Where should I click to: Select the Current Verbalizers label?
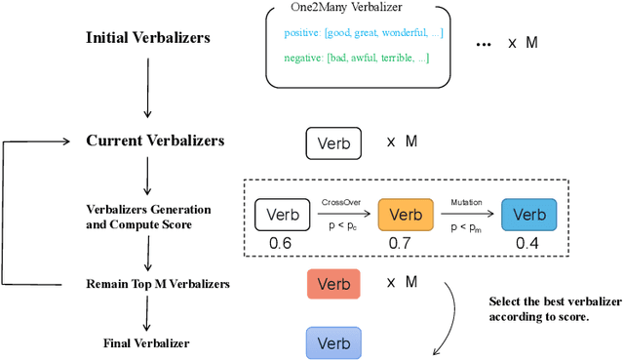(x=154, y=140)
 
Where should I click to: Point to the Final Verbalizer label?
(x=146, y=342)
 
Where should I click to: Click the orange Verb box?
(x=403, y=215)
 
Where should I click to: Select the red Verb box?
(x=333, y=284)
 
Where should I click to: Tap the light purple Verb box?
(x=333, y=343)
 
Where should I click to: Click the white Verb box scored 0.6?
(x=282, y=215)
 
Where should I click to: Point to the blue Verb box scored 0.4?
(x=529, y=215)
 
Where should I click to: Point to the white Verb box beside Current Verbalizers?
(x=333, y=142)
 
